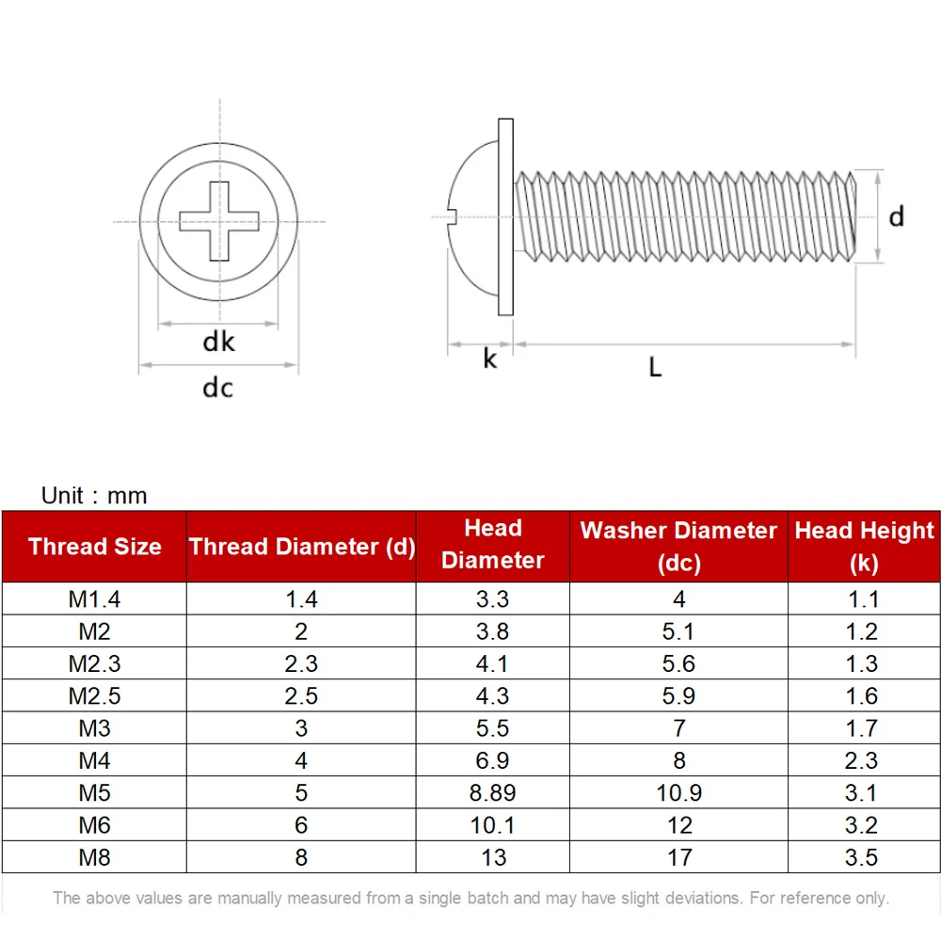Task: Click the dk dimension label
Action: pos(218,342)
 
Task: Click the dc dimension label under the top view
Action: pos(218,388)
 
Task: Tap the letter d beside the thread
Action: pos(896,216)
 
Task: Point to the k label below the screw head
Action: pos(490,359)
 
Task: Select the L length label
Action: pos(655,367)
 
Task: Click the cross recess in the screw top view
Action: pos(219,221)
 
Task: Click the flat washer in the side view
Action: pos(505,216)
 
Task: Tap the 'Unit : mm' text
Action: pos(94,496)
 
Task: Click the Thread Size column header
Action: pos(95,547)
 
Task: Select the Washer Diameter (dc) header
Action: pos(678,547)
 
